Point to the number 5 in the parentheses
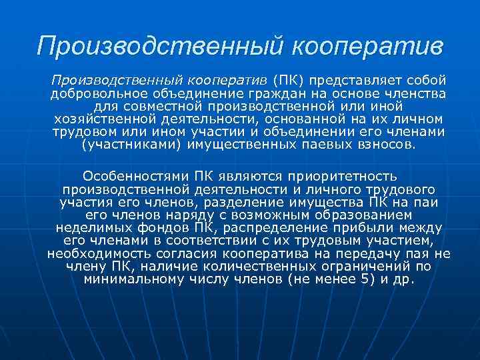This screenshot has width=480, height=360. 363,279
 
